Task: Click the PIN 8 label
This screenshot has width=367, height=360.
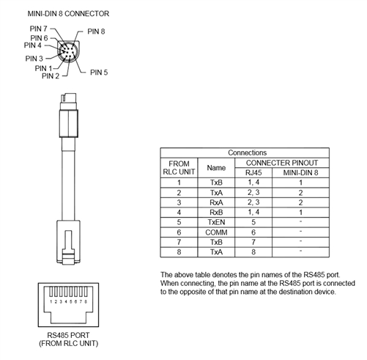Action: pos(96,32)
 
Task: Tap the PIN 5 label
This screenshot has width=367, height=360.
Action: pos(99,73)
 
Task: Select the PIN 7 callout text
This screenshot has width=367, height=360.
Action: pos(38,29)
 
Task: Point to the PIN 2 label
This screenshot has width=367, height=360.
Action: pos(51,76)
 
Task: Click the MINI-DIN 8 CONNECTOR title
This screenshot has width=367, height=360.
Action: pos(68,14)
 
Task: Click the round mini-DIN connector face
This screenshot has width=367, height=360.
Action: pos(69,51)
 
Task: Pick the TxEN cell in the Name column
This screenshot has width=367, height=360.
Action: pos(216,222)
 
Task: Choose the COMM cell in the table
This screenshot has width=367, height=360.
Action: pos(216,232)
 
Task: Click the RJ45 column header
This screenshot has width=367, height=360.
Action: pos(253,173)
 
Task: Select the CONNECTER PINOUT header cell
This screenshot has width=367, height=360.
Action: pos(282,163)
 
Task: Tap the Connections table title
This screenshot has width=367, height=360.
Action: pos(247,153)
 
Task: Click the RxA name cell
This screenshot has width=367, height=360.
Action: pos(216,202)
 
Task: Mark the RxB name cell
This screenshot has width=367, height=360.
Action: pos(216,213)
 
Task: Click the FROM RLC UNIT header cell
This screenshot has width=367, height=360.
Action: pos(179,168)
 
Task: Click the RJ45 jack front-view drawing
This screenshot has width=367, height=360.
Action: pos(68,305)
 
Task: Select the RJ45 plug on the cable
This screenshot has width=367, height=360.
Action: pos(68,242)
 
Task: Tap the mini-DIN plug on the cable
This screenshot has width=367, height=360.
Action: pos(69,115)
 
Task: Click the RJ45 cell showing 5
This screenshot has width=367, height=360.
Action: pos(253,222)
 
